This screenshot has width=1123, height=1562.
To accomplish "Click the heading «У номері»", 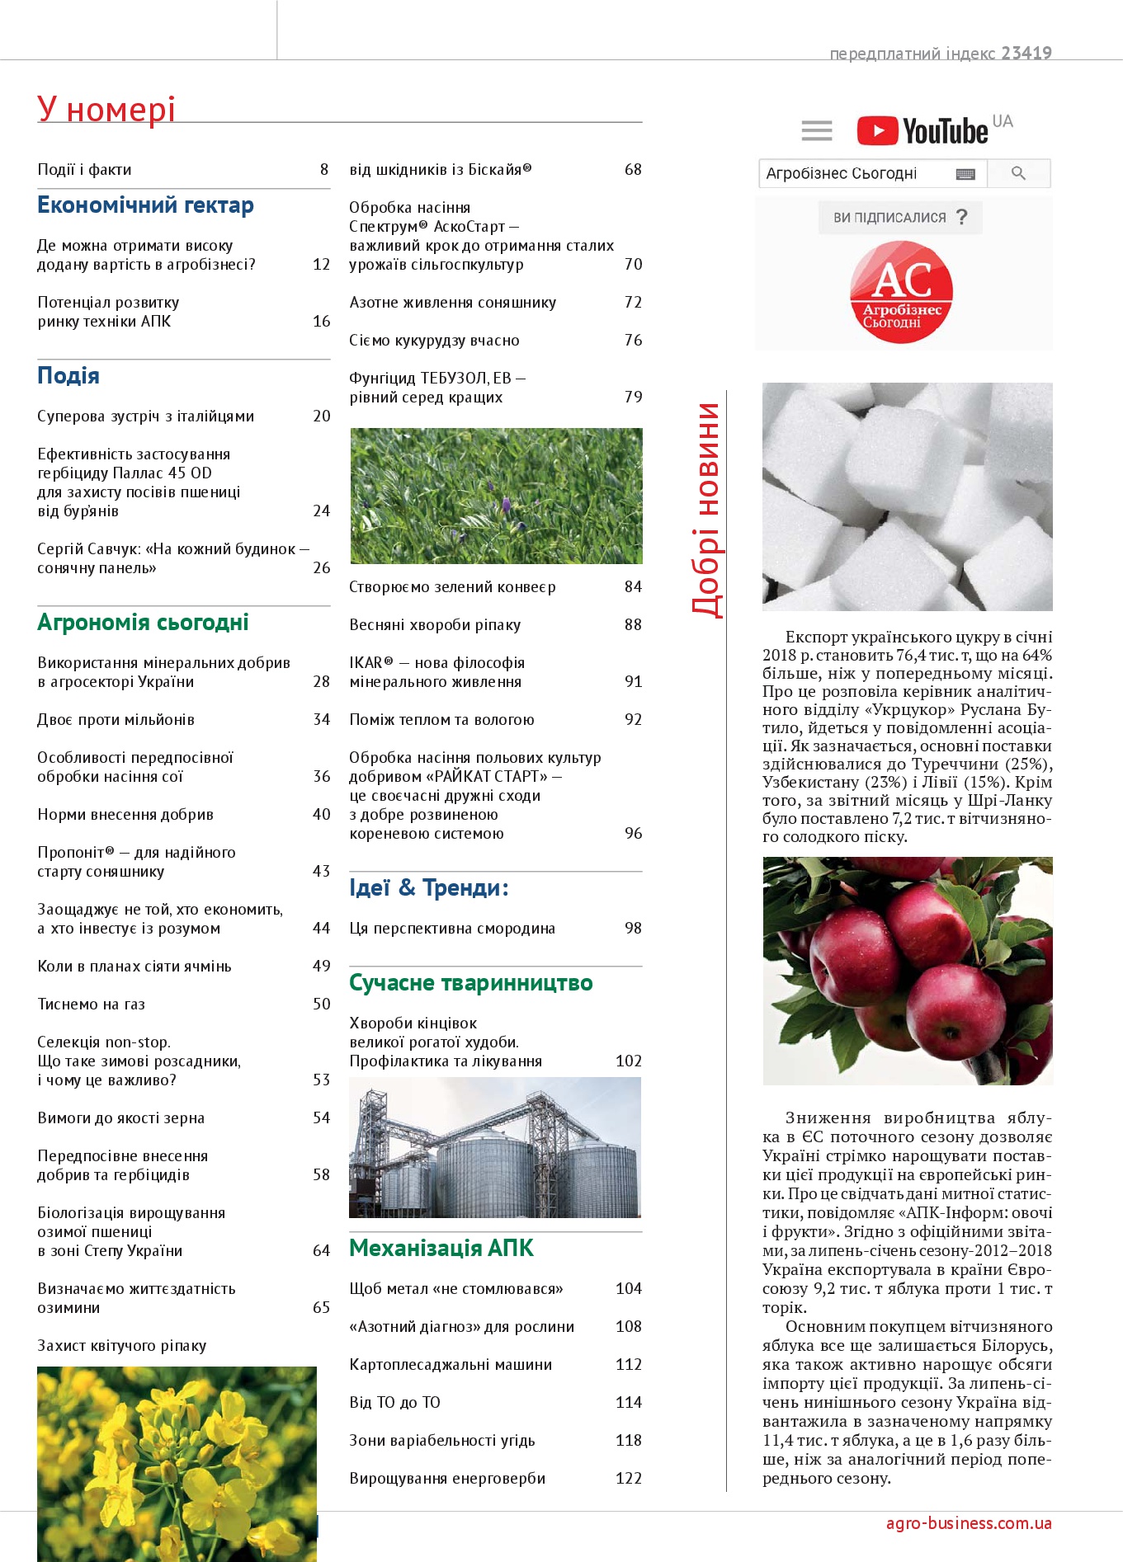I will [x=106, y=110].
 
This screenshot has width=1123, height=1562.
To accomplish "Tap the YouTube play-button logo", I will [x=877, y=131].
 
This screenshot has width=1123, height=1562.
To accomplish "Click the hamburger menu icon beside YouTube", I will [x=816, y=130].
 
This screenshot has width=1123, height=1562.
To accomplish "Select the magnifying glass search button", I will [x=1018, y=173].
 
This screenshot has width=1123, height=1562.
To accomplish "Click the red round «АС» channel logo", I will [x=901, y=291].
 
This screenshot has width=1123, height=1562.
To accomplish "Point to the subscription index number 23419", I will [x=1026, y=54].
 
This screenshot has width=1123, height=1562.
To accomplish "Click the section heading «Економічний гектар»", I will [x=145, y=205].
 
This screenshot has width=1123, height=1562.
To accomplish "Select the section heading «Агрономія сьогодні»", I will [x=143, y=623].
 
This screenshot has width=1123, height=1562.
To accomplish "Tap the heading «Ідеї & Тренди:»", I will [x=428, y=888].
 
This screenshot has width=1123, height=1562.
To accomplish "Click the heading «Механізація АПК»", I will [x=441, y=1249].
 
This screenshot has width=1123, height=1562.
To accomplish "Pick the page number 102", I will [x=628, y=1061].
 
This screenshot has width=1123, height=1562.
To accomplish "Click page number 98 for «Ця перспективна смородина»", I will [x=633, y=929].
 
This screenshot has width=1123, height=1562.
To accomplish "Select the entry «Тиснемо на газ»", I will [x=92, y=1004].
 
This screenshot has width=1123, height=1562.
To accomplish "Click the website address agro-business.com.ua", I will [x=969, y=1523].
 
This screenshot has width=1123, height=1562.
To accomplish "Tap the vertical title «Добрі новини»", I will [x=705, y=510].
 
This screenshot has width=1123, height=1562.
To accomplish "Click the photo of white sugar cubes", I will [x=907, y=496].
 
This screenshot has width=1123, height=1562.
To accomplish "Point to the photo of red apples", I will [x=907, y=971].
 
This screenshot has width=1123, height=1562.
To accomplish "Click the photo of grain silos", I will [x=495, y=1147].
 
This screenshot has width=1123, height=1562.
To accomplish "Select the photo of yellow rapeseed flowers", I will [x=177, y=1463].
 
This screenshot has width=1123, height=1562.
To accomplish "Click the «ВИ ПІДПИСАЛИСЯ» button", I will [x=899, y=218].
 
